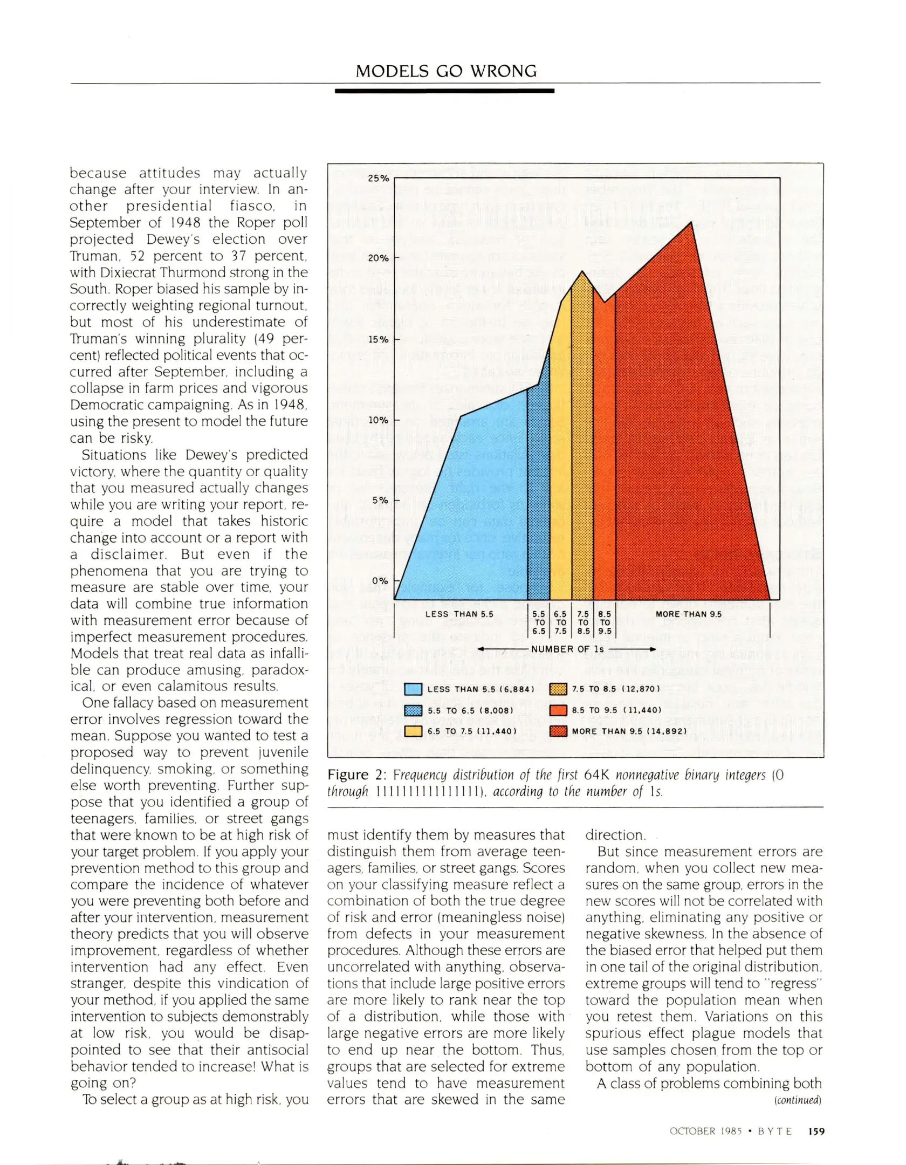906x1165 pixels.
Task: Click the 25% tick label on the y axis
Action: click(378, 178)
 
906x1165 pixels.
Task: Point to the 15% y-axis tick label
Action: click(378, 339)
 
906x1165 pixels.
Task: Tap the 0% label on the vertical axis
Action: click(380, 581)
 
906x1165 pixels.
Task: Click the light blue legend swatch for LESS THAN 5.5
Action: click(413, 689)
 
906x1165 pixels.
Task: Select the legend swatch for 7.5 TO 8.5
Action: click(558, 689)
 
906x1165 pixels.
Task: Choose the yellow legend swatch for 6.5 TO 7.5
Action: click(413, 731)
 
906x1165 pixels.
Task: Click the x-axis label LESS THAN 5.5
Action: click(459, 614)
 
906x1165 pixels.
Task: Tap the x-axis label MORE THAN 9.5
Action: click(688, 614)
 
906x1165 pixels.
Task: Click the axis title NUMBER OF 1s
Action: click(567, 649)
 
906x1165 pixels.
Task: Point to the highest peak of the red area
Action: click(691, 222)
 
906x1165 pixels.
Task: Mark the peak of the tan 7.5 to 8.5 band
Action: click(582, 272)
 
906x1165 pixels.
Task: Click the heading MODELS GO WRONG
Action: click(446, 71)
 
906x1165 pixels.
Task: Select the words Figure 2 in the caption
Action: click(356, 775)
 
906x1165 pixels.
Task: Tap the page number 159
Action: click(816, 1131)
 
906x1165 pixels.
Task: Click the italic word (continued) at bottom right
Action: click(798, 1100)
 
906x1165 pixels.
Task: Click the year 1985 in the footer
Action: click(731, 1131)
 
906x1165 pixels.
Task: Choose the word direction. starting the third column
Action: click(615, 835)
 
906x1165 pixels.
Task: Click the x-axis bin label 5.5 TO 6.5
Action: click(539, 622)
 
